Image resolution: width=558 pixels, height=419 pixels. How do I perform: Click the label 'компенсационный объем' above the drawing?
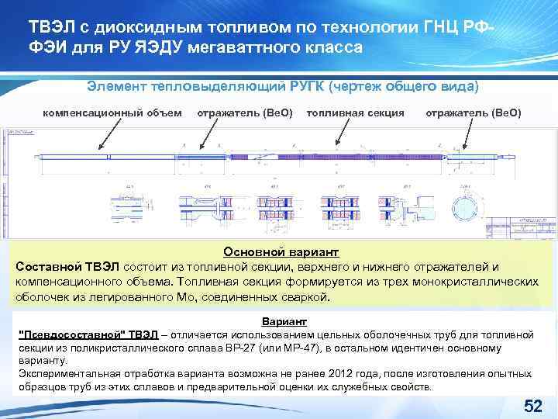[x=112, y=113]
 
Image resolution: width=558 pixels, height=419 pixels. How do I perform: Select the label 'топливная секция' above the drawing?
[x=355, y=113]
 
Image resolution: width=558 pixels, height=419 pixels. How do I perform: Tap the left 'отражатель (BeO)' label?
[x=245, y=113]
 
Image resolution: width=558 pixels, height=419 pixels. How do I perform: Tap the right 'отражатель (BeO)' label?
[x=474, y=113]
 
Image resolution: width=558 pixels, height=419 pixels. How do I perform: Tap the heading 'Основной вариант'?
[x=275, y=251]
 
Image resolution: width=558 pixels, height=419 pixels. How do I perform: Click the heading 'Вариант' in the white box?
[x=285, y=321]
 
